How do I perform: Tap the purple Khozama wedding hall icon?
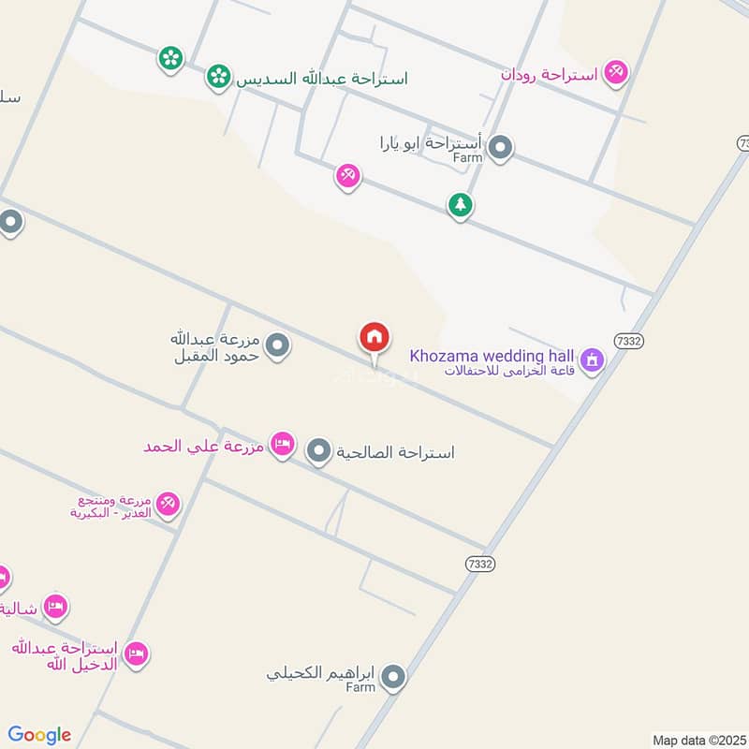(591, 360)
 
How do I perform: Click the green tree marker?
(459, 204)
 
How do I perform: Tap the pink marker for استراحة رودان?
(615, 71)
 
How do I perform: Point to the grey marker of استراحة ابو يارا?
(501, 148)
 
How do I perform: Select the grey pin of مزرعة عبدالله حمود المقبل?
(276, 346)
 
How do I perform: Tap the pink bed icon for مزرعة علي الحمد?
(282, 444)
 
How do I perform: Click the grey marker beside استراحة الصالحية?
(319, 452)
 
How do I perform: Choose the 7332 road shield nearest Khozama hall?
(630, 341)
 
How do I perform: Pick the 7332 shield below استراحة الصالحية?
(479, 564)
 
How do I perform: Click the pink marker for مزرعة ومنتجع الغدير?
(168, 505)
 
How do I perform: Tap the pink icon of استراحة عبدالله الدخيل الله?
(136, 653)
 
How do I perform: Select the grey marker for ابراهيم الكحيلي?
(393, 677)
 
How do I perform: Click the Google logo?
(40, 735)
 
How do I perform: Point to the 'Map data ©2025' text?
(698, 740)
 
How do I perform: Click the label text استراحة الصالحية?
(398, 453)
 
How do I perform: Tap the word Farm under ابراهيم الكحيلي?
(360, 687)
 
